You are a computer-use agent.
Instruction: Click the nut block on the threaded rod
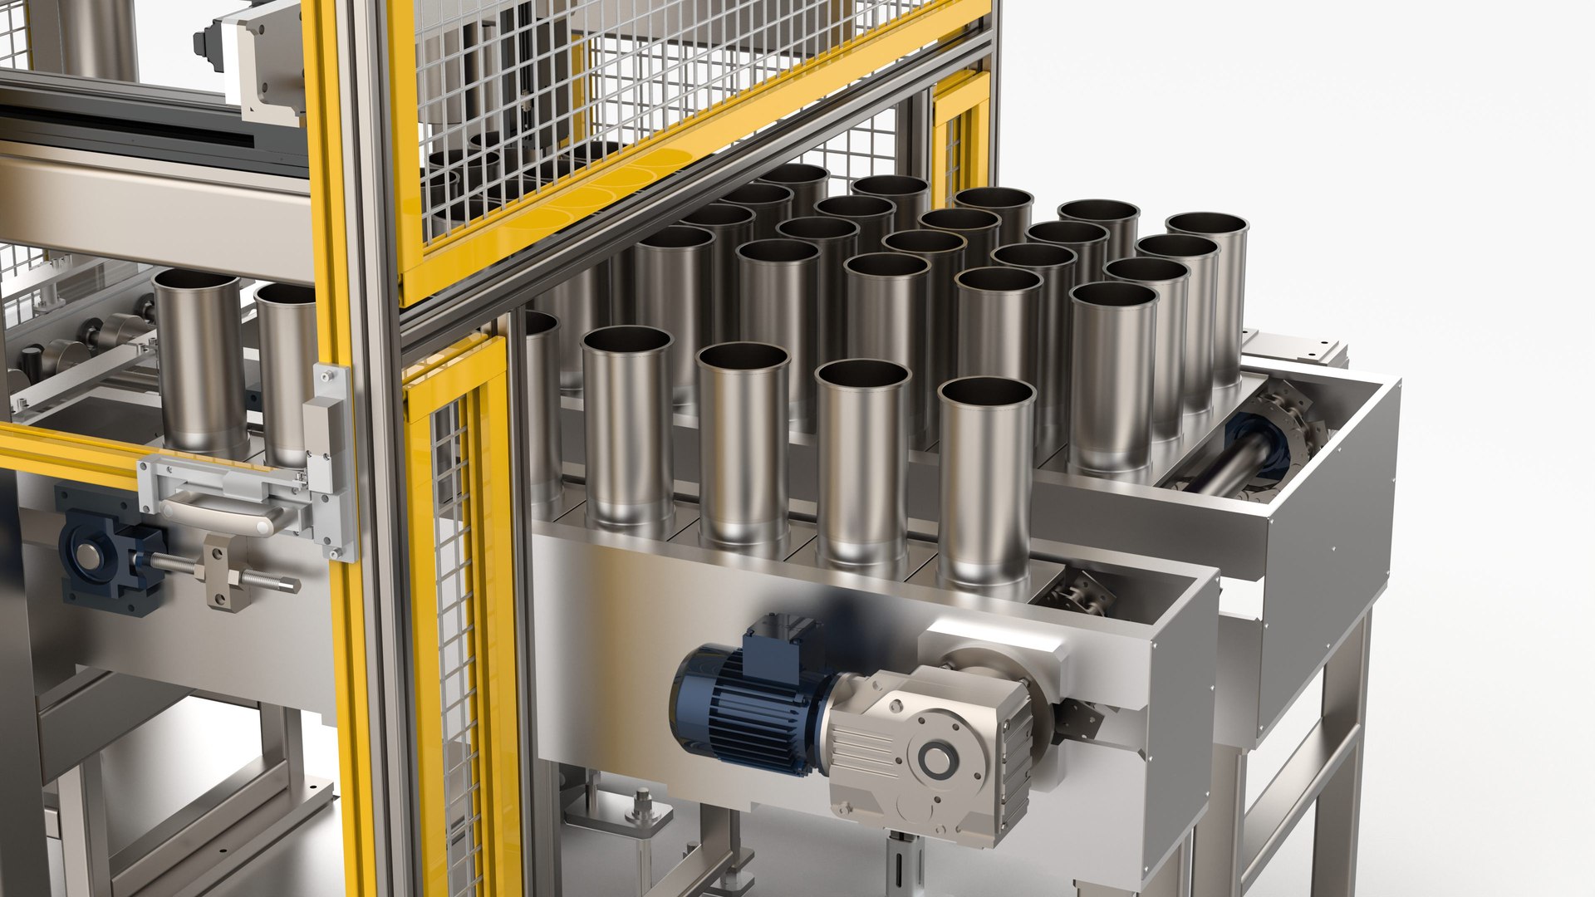[x=224, y=573]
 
